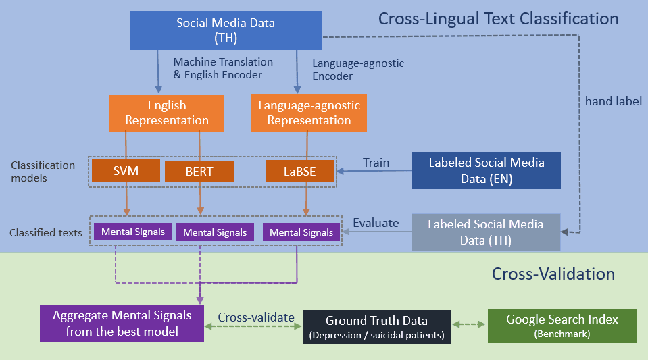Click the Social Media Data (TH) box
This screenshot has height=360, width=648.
(226, 30)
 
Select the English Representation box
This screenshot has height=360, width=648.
(167, 113)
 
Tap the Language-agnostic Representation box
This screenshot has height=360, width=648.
(309, 113)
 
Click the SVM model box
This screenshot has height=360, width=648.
(126, 171)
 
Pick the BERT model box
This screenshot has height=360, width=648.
(199, 171)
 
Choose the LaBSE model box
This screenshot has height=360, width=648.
(299, 171)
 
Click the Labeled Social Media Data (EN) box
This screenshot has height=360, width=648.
(487, 170)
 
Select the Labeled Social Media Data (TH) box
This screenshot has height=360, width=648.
(486, 232)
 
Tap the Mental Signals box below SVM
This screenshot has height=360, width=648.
(132, 232)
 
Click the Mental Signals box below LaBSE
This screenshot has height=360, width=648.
(301, 232)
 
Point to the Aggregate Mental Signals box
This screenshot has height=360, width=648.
(122, 324)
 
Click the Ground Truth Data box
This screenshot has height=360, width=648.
(377, 327)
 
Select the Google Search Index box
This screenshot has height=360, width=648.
(562, 326)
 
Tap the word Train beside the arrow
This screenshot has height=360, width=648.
(376, 163)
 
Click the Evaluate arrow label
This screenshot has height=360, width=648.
(376, 223)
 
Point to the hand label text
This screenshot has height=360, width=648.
(614, 101)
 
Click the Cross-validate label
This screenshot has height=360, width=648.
(256, 317)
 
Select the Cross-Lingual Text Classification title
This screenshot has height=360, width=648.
(499, 19)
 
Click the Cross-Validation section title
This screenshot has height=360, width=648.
(553, 274)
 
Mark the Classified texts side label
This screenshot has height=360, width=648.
(46, 233)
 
